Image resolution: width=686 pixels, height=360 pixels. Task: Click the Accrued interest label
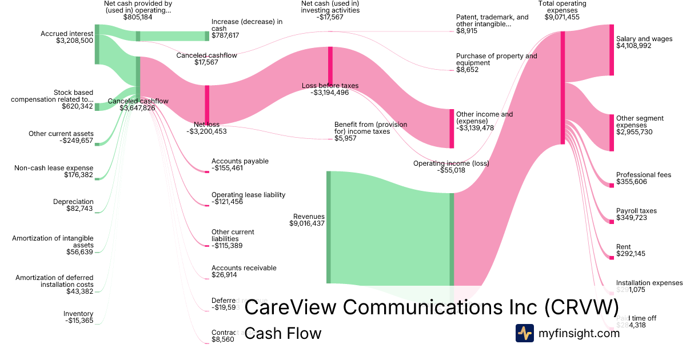coord(67,34)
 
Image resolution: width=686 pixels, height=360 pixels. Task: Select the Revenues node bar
coord(329,227)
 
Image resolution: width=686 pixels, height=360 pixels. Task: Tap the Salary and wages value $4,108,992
coord(635,46)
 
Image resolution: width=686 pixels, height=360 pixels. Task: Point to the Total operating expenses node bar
coord(563,87)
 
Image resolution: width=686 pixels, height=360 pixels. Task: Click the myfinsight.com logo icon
coord(524,333)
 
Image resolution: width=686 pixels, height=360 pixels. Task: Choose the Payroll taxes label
coord(636,211)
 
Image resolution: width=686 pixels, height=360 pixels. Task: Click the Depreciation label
coord(73,202)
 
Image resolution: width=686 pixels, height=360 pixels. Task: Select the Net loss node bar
coord(207,105)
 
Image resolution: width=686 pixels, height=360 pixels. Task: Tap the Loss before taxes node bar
coord(330,66)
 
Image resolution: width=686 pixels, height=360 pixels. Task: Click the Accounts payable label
coord(240,161)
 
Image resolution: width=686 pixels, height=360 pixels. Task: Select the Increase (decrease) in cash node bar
coord(207,36)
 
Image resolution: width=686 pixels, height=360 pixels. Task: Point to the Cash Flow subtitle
coord(282,333)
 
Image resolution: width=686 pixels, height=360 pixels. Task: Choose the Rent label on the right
coord(623,247)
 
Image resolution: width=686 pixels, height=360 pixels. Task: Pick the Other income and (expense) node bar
coord(452,129)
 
